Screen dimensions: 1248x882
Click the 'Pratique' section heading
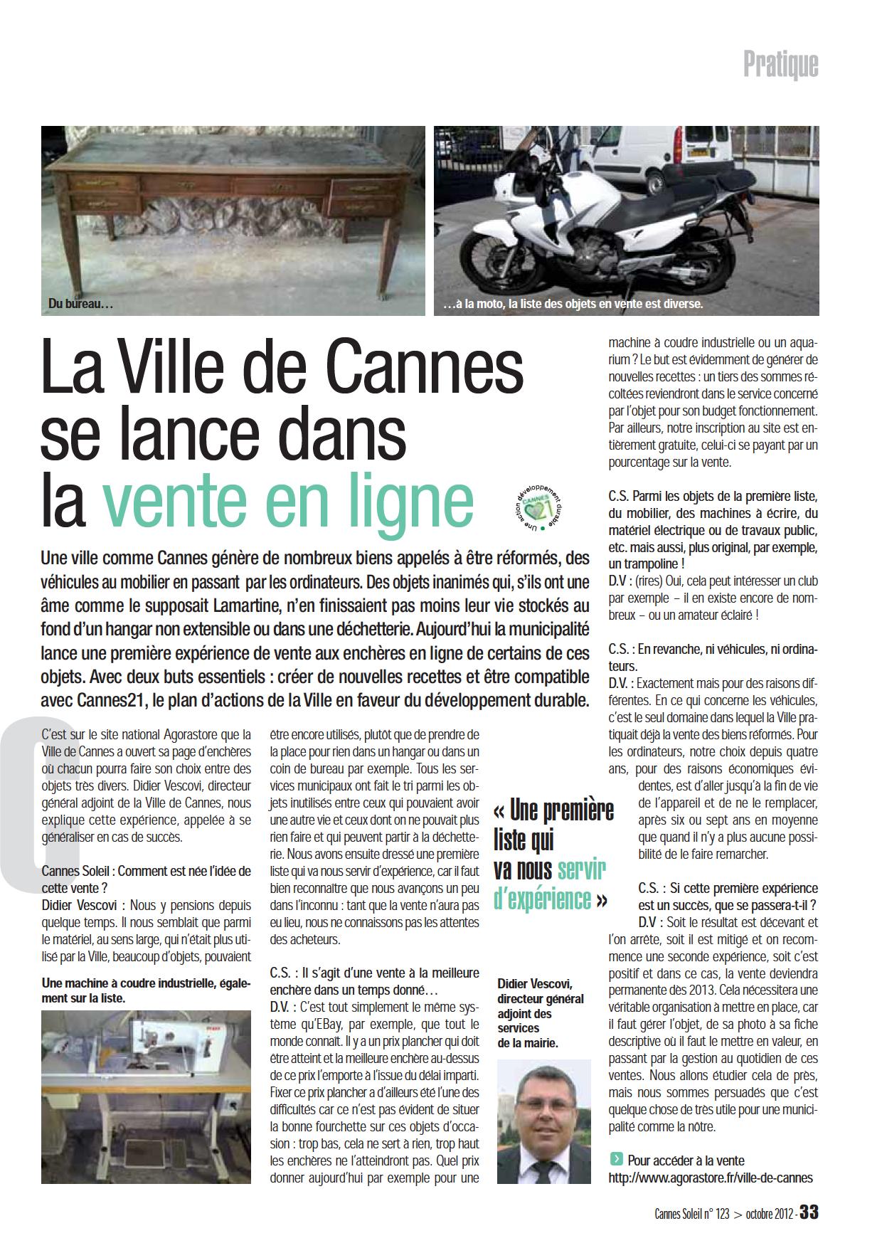[780, 65]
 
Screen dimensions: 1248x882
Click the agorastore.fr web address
[710, 1178]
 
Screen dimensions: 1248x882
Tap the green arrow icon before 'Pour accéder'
[615, 1160]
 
